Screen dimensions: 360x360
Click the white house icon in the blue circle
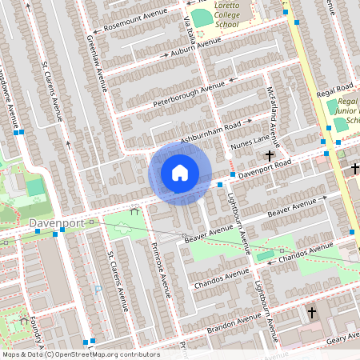coord(180,173)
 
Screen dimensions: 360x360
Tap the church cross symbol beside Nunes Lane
coord(270,155)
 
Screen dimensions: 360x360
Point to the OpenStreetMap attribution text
coord(80,354)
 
